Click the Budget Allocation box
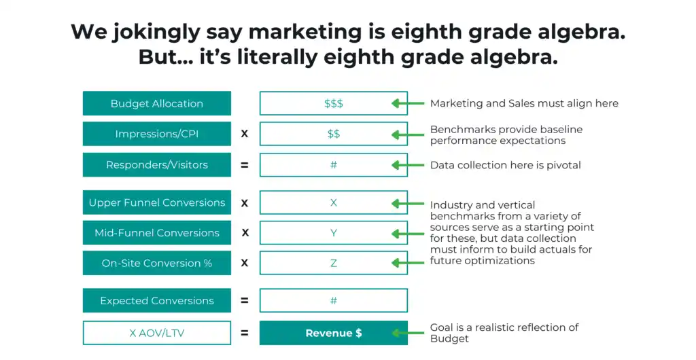(157, 103)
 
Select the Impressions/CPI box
(157, 133)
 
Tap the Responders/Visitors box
(157, 165)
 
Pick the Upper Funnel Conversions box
(157, 202)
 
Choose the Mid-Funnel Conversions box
(157, 233)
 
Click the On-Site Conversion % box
(157, 263)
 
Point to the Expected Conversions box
(157, 301)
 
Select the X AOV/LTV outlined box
(157, 333)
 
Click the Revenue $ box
(334, 333)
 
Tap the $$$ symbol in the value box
(334, 104)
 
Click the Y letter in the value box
(334, 233)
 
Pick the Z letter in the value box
(334, 263)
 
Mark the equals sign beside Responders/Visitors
(245, 165)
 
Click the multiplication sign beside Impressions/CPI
(245, 133)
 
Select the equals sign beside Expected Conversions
(245, 301)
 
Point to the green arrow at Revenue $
(408, 333)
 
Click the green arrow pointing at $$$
(408, 104)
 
